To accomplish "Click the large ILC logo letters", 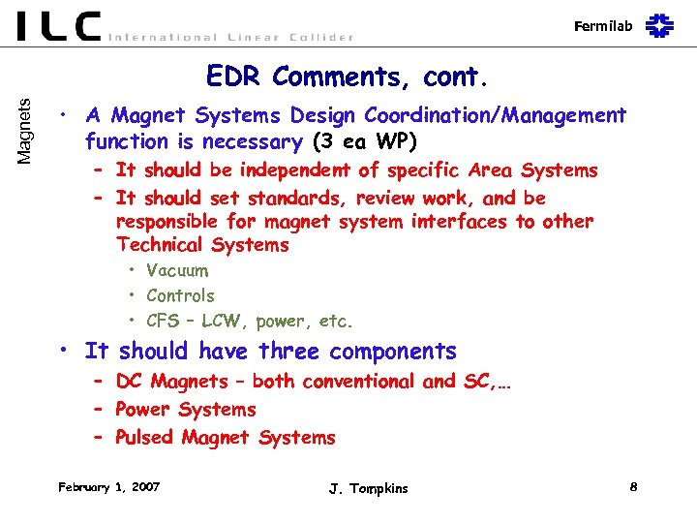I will point(58,26).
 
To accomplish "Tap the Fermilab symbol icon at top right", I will point(659,25).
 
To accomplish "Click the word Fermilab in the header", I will point(602,26).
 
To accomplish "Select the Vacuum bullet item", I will point(176,270).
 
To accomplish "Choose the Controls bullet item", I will point(180,295).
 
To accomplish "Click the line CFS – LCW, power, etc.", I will point(249,321).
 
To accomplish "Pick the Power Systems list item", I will point(185,410).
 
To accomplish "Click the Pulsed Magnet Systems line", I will point(225,438).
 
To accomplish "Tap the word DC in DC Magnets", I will point(130,382).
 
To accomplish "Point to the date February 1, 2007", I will point(108,486).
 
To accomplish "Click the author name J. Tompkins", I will point(368,488).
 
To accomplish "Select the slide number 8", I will point(632,486).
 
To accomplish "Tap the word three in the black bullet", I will point(288,351).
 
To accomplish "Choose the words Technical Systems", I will point(201,245).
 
